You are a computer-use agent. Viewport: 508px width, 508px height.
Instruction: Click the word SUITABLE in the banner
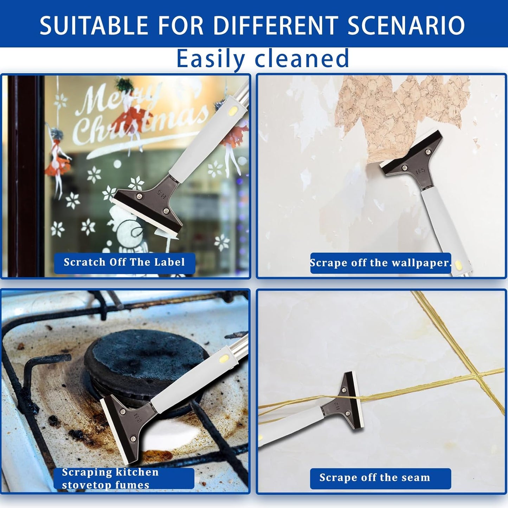[94, 25]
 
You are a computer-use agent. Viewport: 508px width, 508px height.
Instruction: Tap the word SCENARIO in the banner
[406, 25]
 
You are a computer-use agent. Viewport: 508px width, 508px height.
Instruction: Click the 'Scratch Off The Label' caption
[124, 263]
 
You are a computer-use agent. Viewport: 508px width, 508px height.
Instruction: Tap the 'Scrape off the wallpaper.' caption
[380, 263]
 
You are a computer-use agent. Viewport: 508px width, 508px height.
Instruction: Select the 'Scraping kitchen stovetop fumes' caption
[124, 478]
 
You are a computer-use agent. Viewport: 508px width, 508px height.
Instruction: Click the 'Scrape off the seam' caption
[375, 478]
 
